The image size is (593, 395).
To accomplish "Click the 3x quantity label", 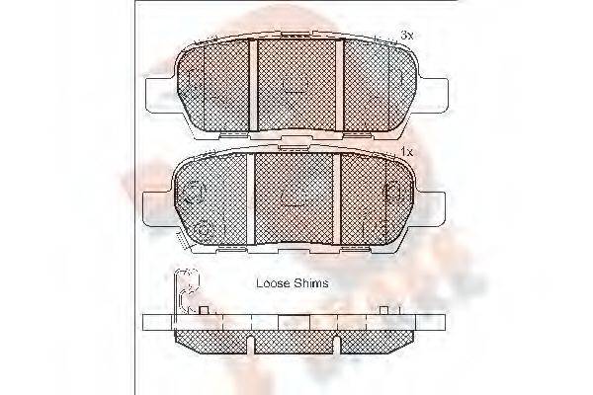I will coord(405,36).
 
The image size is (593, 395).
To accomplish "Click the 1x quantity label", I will coord(405,151).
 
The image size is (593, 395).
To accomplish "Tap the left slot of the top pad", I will coord(252,85).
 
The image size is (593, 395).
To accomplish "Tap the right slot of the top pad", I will coord(339,85).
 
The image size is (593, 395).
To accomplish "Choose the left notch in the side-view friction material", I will coord(251,343).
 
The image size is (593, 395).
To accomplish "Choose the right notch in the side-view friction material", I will coord(338,343).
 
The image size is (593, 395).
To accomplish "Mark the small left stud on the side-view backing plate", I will coord(205,311).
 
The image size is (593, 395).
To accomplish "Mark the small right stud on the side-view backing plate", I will coord(383,311).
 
